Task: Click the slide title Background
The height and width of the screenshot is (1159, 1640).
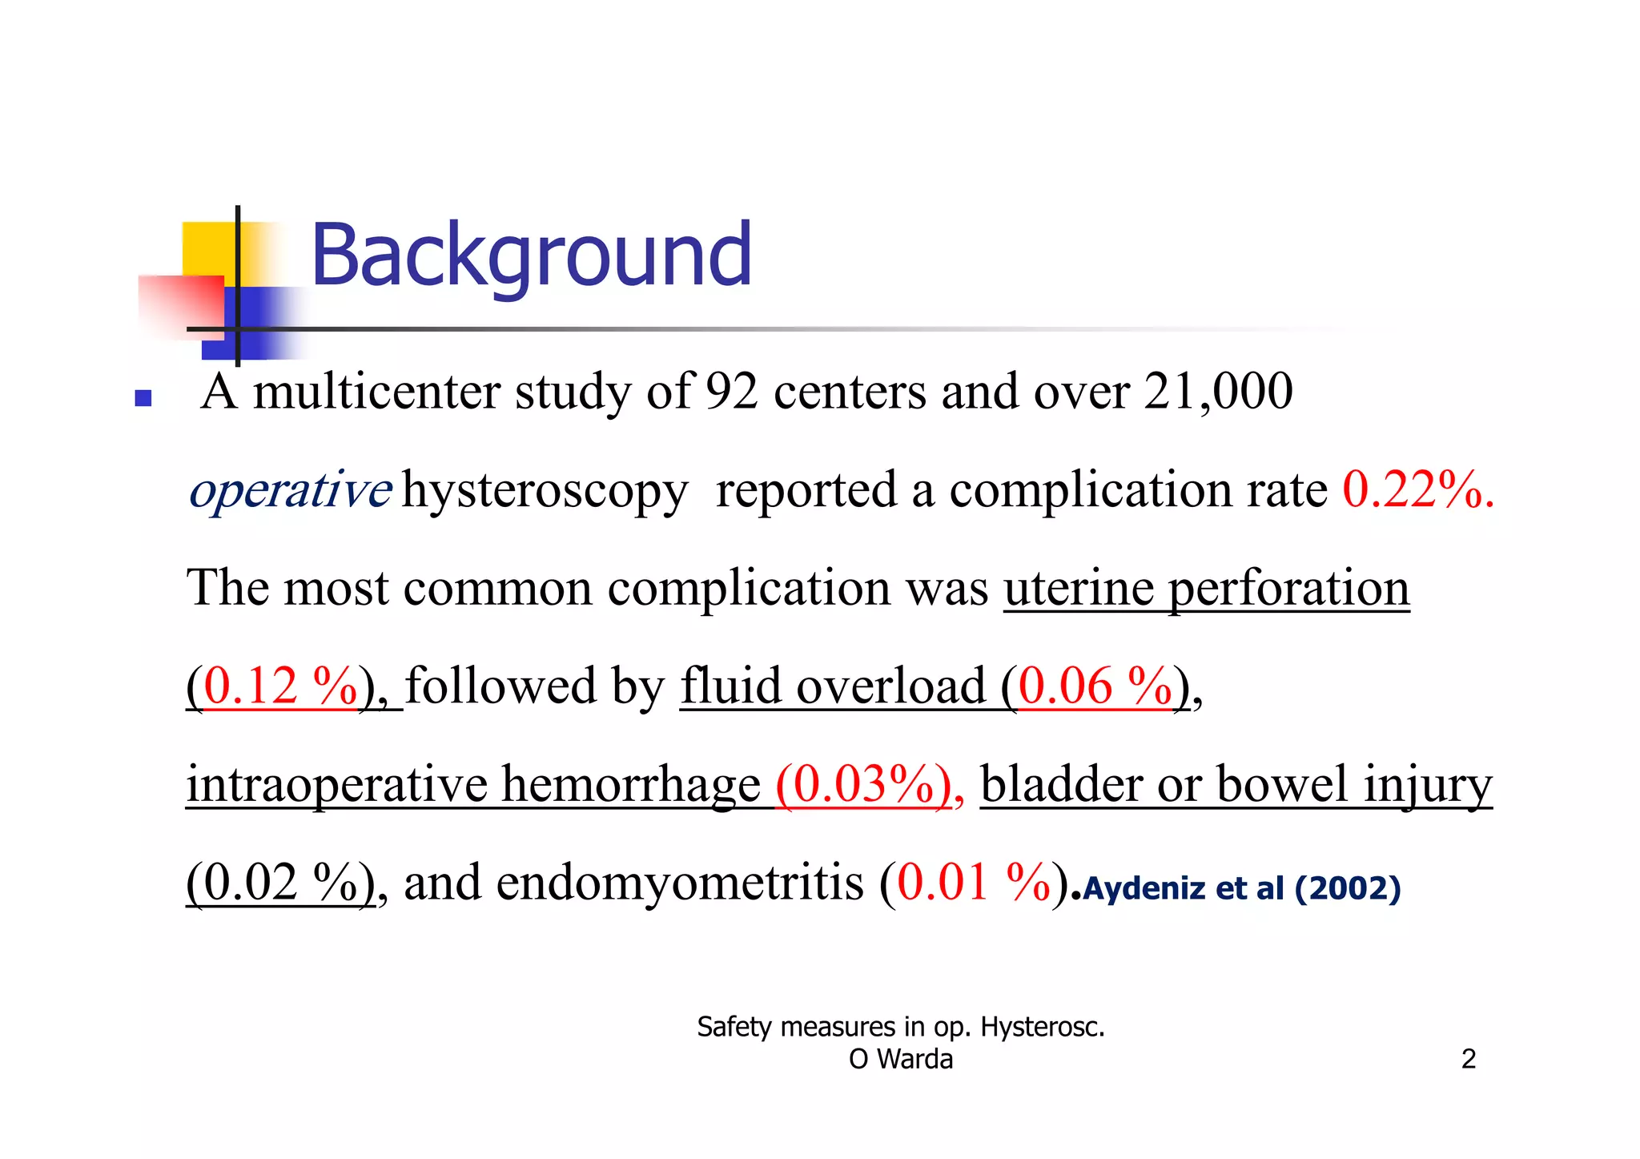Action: (531, 255)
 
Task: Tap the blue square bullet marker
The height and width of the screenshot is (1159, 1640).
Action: (143, 398)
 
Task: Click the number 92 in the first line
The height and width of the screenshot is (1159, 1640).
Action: (731, 392)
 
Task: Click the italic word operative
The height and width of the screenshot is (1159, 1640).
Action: (290, 489)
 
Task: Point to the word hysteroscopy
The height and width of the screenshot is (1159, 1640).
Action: (545, 491)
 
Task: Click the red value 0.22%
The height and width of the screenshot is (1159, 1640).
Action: (1417, 489)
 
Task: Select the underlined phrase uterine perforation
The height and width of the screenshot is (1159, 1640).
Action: (1206, 589)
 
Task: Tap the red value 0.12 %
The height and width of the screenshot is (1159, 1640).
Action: (279, 686)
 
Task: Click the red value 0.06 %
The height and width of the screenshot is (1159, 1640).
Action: (1095, 686)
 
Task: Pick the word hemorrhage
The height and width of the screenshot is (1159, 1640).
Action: (631, 784)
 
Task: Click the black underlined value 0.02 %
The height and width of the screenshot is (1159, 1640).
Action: (279, 883)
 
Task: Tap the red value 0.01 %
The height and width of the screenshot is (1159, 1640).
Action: (973, 883)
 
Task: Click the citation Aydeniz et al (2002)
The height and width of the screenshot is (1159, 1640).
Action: (1241, 888)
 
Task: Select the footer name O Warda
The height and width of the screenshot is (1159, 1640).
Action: (901, 1059)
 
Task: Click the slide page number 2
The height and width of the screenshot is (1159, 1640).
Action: (1468, 1059)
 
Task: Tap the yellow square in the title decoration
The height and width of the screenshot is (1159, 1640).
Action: (207, 248)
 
